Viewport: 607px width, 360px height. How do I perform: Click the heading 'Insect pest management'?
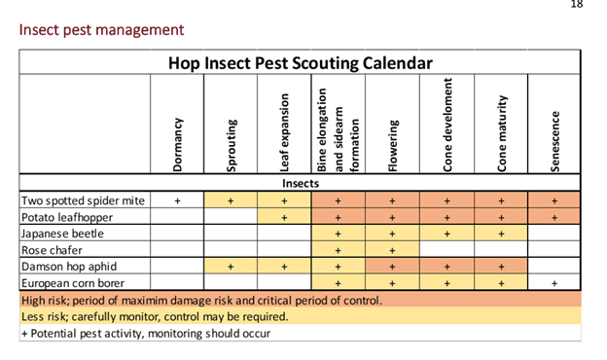pos(101,30)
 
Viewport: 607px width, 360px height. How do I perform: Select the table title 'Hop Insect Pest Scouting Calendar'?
pos(301,63)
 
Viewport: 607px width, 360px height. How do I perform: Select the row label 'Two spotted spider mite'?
pos(83,200)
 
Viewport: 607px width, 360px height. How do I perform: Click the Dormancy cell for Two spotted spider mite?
pos(177,200)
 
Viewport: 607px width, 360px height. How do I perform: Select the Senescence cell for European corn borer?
pos(554,282)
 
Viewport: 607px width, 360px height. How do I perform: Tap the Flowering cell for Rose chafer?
pos(393,250)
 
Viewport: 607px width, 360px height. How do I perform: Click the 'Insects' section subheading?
pos(301,183)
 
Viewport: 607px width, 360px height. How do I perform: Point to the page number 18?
pos(577,5)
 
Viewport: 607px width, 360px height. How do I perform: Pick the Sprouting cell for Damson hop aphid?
pos(232,266)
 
